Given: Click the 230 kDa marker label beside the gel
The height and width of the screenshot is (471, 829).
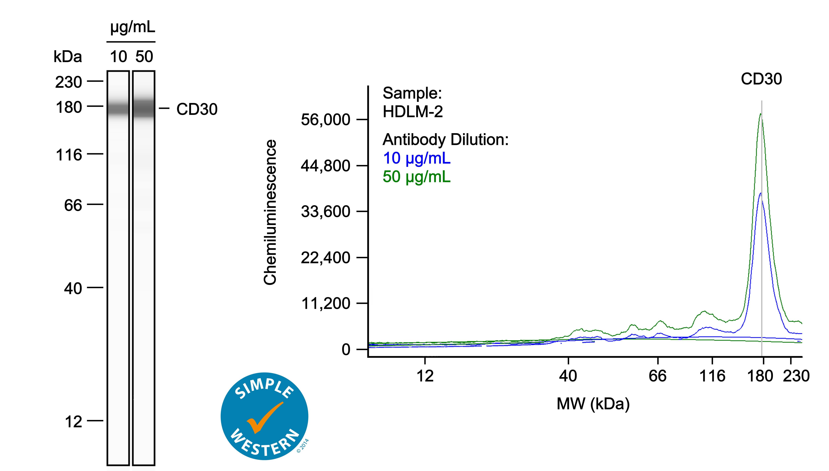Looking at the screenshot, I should coord(68,82).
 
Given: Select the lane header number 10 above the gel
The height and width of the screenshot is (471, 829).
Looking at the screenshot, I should coord(118,57).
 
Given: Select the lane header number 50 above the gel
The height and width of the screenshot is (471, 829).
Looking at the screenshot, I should coord(144,57).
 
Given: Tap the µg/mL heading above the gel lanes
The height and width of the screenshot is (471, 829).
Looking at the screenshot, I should coord(133,28).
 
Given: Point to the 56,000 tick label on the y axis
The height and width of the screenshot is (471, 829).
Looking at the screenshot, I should coord(326,120).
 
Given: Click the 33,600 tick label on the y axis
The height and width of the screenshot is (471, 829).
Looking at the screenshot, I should coord(326,212).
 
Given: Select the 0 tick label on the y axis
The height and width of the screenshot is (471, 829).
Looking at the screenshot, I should coord(346,350).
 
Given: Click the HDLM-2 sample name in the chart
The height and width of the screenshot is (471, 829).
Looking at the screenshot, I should coord(413,112).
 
